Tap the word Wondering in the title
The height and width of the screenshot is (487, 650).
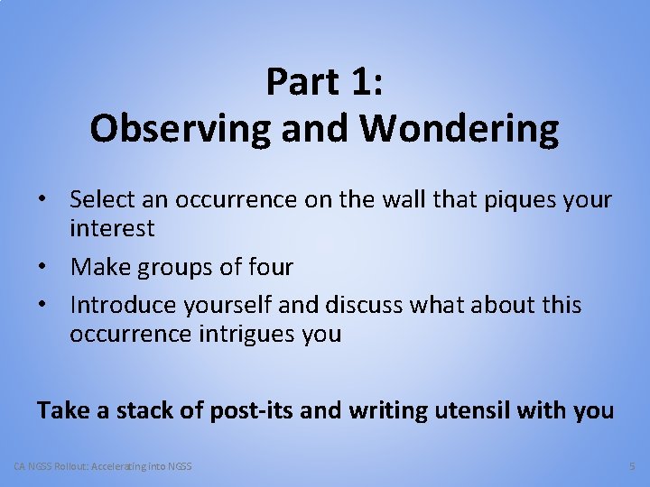point(459,129)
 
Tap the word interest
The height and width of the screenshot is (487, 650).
point(112,228)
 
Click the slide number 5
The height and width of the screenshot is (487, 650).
point(631,466)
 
